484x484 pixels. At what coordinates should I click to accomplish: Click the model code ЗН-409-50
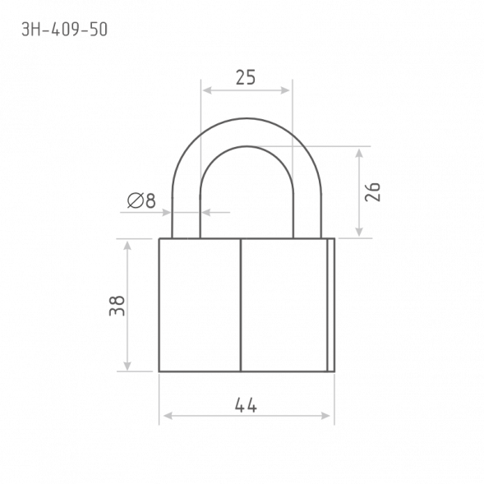(x=65, y=30)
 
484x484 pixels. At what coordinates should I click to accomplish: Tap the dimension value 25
(x=246, y=77)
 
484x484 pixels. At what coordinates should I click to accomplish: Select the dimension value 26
(x=372, y=192)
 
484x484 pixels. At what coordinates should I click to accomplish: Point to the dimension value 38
(x=117, y=306)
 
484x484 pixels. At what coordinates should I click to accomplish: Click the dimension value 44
(x=246, y=405)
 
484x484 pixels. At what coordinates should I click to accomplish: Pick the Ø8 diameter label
(x=141, y=201)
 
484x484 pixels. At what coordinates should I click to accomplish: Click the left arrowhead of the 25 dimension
(x=207, y=90)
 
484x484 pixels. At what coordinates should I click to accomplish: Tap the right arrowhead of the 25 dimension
(x=285, y=90)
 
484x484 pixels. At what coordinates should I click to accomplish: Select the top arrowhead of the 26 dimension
(x=358, y=154)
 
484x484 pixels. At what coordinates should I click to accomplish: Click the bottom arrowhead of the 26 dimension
(x=358, y=232)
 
